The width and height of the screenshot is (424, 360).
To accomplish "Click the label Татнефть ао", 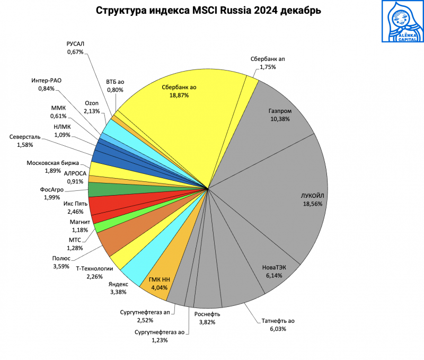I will click(x=278, y=321).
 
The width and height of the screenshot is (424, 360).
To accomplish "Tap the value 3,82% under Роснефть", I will click(x=206, y=322).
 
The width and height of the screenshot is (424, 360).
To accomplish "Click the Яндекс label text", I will click(x=118, y=284).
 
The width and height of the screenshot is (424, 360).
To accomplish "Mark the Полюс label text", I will click(x=61, y=258).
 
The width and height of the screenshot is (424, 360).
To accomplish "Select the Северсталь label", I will click(x=25, y=137).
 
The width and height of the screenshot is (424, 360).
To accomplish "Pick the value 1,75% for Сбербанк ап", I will click(x=268, y=67).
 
